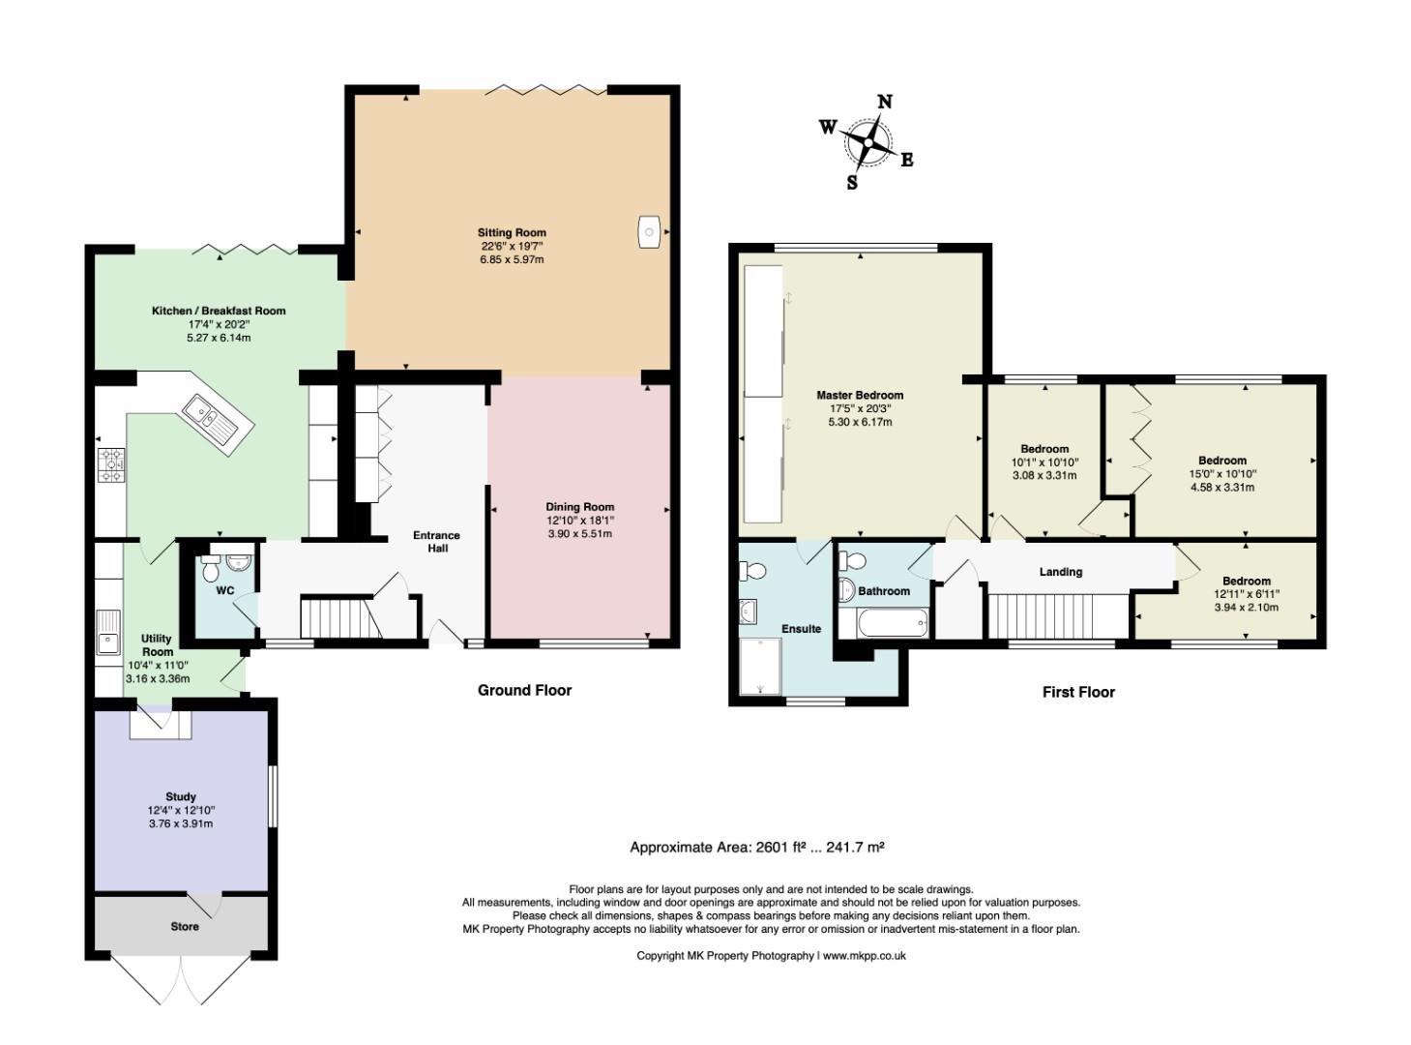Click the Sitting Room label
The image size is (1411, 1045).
pos(512,233)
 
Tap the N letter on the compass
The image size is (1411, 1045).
pos(885,102)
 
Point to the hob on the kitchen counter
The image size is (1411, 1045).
pos(111,465)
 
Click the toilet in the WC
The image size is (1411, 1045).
pos(210,568)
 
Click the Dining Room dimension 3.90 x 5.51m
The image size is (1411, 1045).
pos(579,534)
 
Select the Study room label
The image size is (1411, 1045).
pos(181,796)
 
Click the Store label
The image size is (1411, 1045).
pos(185,927)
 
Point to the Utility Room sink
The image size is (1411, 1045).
pos(108,632)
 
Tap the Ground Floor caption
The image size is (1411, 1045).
pos(524,691)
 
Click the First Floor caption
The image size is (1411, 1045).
pos(1078,693)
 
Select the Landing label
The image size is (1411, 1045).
pos(1061,572)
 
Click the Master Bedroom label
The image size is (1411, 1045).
pos(860,395)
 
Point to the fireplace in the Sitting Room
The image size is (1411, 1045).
pos(650,231)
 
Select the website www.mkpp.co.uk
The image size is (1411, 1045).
pos(865,956)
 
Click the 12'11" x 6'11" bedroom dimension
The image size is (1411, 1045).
pos(1247,594)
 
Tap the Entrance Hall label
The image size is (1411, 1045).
pos(436,542)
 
